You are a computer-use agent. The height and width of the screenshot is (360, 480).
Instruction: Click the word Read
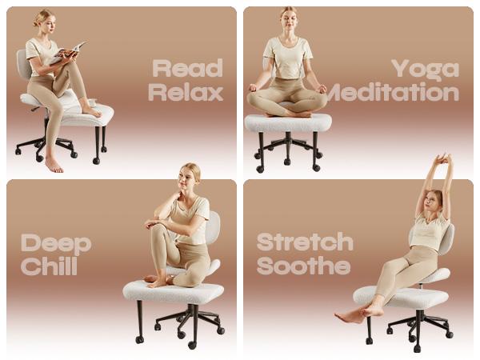coord(187,68)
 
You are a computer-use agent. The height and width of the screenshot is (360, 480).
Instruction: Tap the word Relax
coord(186,92)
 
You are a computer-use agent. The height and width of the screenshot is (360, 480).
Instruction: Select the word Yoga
coord(425,69)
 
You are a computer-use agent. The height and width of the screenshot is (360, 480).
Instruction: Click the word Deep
coord(56,242)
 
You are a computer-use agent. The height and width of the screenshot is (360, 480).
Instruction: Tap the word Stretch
coord(305,242)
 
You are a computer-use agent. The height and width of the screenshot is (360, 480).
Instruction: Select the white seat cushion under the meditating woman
coord(287,122)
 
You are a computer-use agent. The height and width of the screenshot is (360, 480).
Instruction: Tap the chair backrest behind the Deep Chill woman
coord(213,227)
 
